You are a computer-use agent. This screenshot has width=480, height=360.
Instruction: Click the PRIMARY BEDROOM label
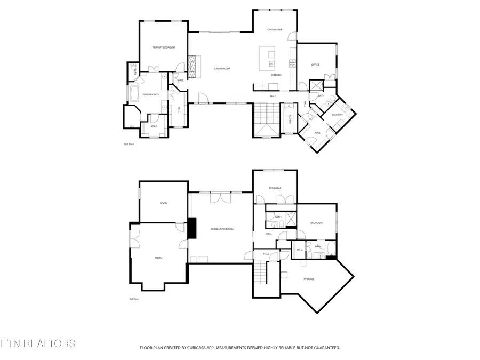pyautogui.click(x=164, y=47)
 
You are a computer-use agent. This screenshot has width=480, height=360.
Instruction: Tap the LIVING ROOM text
pyautogui.click(x=222, y=69)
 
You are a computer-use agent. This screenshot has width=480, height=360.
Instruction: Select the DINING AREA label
pyautogui.click(x=275, y=30)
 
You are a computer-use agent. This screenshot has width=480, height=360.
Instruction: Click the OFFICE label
pyautogui.click(x=315, y=65)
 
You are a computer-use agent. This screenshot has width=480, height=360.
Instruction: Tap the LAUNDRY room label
pyautogui.click(x=337, y=115)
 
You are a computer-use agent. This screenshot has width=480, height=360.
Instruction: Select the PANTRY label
pyautogui.click(x=289, y=121)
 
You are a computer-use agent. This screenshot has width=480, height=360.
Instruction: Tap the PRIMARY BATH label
pyautogui.click(x=151, y=94)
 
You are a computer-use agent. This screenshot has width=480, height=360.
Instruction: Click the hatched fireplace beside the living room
pyautogui.click(x=193, y=67)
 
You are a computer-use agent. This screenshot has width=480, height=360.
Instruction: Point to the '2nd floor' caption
pyautogui.click(x=129, y=144)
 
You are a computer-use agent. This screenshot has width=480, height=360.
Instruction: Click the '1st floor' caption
pyautogui.click(x=133, y=299)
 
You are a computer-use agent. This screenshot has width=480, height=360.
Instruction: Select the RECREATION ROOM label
pyautogui.click(x=222, y=229)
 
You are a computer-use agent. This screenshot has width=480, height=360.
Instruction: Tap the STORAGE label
pyautogui.click(x=309, y=279)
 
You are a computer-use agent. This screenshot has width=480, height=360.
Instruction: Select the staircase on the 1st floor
pyautogui.click(x=260, y=273)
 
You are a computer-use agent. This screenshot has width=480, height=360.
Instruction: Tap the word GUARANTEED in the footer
pyautogui.click(x=324, y=348)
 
